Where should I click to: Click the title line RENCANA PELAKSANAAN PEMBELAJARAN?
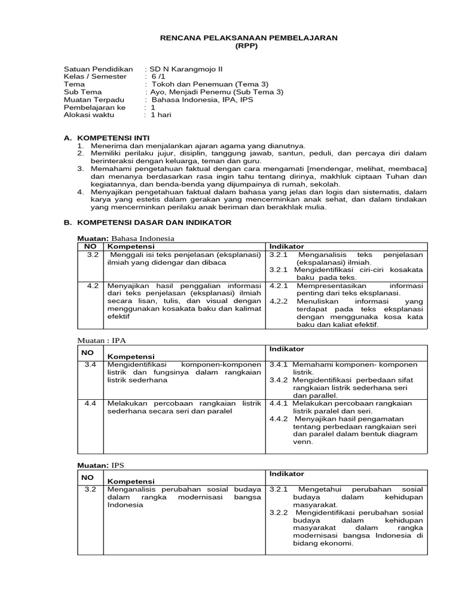tap(249, 38)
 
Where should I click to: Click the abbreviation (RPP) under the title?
tap(249, 46)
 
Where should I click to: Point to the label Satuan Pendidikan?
tap(90, 69)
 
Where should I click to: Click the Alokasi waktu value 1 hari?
tap(161, 115)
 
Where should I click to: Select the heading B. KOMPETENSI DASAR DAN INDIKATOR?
tap(147, 222)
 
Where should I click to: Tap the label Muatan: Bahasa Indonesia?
tap(126, 238)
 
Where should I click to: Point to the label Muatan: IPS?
tap(102, 464)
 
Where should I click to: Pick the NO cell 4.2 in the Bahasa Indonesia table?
tap(91, 286)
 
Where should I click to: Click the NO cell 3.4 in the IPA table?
tap(90, 364)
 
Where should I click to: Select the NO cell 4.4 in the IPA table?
tap(90, 403)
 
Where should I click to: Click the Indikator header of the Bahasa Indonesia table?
tap(286, 246)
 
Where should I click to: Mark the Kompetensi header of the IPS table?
tap(130, 481)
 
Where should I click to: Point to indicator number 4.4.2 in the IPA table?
tap(279, 418)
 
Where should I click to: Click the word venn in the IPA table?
tap(302, 442)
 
